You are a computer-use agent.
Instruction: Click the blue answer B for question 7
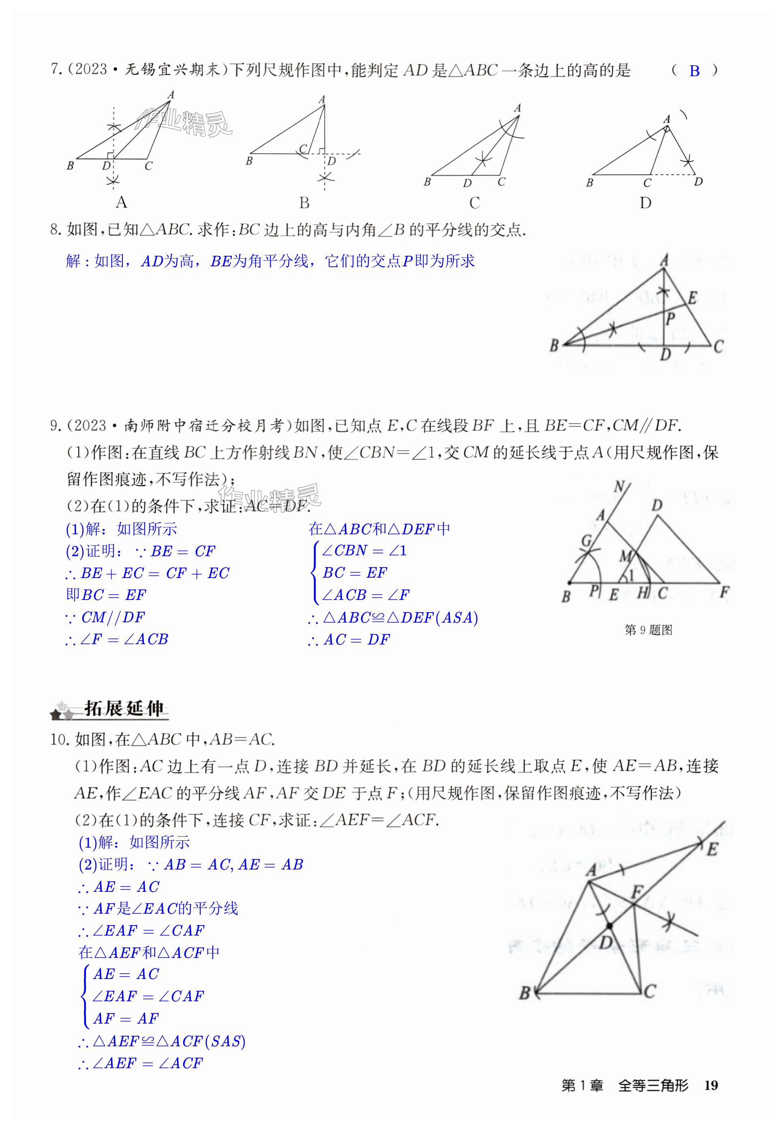(x=694, y=71)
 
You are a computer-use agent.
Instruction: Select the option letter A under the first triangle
(x=121, y=202)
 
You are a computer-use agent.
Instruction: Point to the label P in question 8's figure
(x=671, y=319)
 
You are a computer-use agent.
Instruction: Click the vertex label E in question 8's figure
(x=692, y=298)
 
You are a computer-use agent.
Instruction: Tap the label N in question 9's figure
(x=619, y=486)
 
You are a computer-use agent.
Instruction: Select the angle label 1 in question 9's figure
(x=631, y=576)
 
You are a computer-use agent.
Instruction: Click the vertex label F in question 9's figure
(x=724, y=593)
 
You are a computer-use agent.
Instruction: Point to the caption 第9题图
(x=648, y=630)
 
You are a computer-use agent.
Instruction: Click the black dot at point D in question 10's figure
(x=609, y=925)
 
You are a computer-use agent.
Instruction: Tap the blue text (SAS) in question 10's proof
(x=226, y=1041)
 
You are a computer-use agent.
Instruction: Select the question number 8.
(x=55, y=230)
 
